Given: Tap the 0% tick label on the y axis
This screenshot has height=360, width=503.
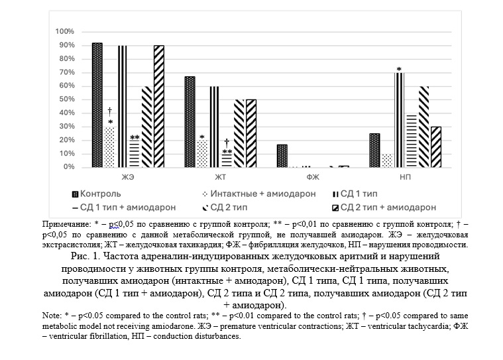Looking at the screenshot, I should coord(68,167).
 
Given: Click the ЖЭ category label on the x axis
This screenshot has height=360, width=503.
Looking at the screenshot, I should coord(127,178).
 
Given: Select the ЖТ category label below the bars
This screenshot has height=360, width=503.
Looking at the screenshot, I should coord(219,178).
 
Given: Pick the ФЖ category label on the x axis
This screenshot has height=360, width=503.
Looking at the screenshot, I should coord(312,178).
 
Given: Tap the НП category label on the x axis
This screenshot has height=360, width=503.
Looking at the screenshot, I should coord(404,178).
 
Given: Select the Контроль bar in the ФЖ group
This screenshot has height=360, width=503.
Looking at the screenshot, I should coord(282,156).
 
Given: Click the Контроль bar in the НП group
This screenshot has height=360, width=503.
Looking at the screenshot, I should coord(374,150).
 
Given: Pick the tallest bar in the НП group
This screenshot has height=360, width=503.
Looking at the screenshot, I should coord(399,120).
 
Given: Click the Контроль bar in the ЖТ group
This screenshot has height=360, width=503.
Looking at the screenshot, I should coord(190,122).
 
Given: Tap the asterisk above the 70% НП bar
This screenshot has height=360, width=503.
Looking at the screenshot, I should coord(399,70).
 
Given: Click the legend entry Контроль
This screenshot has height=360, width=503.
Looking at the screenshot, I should coord(96,194).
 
